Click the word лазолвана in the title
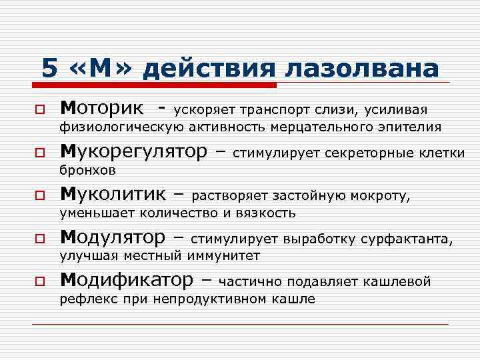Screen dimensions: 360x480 363,69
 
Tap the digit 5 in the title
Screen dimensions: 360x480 49,69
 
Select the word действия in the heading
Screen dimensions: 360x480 211,69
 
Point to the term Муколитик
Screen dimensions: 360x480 114,195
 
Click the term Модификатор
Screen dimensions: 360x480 127,280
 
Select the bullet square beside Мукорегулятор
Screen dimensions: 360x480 41,153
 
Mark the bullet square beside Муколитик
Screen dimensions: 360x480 41,196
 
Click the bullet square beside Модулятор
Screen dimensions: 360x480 41,239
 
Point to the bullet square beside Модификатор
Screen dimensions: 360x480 41,281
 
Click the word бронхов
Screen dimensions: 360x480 88,171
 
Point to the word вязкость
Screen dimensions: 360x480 266,213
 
